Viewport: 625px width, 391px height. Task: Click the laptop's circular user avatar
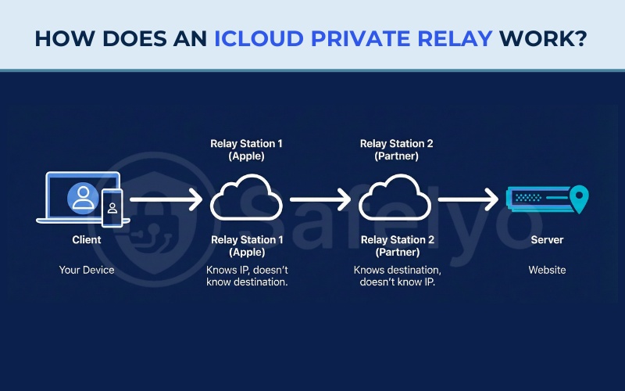(x=81, y=198)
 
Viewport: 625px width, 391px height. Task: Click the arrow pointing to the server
(x=467, y=202)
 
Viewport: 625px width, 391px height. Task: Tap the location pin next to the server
(x=579, y=199)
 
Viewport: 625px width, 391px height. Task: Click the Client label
(x=86, y=240)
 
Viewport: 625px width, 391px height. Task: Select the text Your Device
(x=86, y=270)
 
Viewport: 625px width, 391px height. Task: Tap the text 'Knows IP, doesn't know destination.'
(x=247, y=276)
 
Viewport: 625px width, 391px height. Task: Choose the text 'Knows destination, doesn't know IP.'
(x=396, y=276)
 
